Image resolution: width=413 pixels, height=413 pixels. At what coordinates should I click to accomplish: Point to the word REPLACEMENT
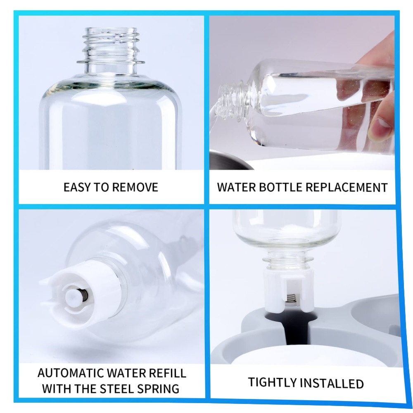pyautogui.click(x=347, y=188)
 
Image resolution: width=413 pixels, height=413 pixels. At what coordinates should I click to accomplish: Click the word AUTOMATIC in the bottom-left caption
pyautogui.click(x=71, y=373)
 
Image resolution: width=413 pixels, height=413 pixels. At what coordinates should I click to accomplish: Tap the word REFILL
pyautogui.click(x=167, y=373)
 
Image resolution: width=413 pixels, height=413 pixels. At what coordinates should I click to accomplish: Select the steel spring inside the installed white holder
pyautogui.click(x=291, y=299)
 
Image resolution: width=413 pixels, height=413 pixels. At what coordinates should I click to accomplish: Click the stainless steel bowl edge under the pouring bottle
pyautogui.click(x=231, y=159)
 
